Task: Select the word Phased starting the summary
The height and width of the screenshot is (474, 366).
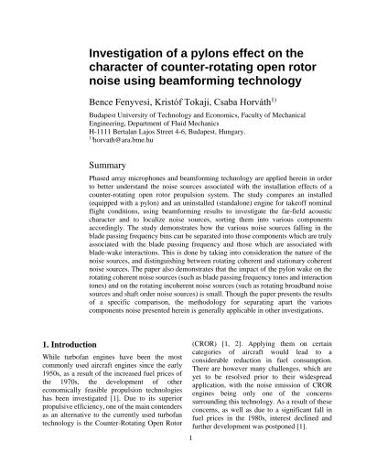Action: click(102, 181)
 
